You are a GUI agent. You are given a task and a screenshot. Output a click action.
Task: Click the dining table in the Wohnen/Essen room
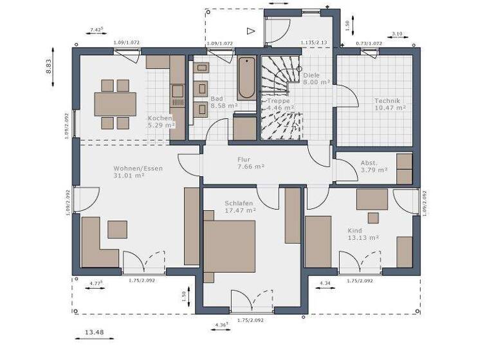pyautogui.click(x=115, y=104)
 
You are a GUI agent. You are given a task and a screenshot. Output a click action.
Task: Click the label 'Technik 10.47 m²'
pyautogui.click(x=390, y=104)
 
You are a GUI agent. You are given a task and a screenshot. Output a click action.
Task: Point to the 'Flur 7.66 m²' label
pyautogui.click(x=250, y=163)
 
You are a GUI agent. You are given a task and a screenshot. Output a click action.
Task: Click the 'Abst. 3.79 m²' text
pyautogui.click(x=374, y=166)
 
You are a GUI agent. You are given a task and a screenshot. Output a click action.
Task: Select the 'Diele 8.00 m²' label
pyautogui.click(x=316, y=78)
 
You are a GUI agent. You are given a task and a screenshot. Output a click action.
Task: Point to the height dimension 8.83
pyautogui.click(x=49, y=67)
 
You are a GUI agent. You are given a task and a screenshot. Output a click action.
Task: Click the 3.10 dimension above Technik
pyautogui.click(x=396, y=34)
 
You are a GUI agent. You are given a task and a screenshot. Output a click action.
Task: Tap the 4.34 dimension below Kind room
pyautogui.click(x=324, y=283)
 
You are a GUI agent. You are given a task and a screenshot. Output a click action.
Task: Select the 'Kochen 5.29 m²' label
pyautogui.click(x=160, y=122)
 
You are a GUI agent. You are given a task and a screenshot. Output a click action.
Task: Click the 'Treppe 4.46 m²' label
pyautogui.click(x=279, y=104)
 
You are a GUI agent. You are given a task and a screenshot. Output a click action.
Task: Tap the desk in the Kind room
pyautogui.click(x=372, y=199)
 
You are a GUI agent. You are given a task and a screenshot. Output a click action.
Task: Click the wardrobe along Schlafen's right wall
pyautogui.click(x=293, y=215)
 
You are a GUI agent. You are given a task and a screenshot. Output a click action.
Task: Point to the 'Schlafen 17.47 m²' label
pyautogui.click(x=240, y=206)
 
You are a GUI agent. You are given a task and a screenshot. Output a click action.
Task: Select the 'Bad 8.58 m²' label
pyautogui.click(x=223, y=102)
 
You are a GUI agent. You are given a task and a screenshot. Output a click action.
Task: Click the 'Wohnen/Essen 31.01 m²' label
pyautogui.click(x=138, y=172)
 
